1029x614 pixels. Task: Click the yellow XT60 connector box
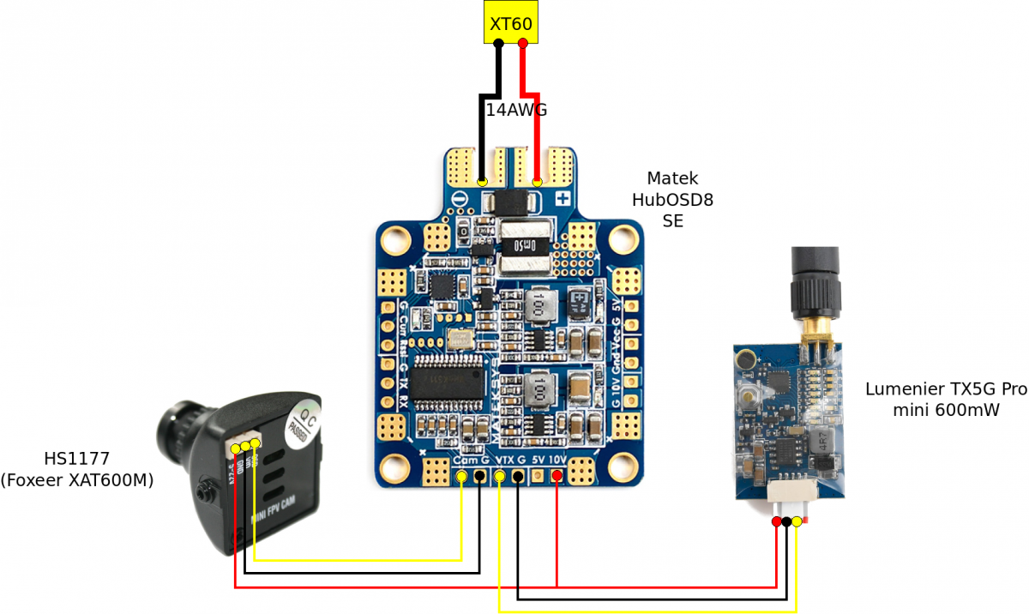(x=510, y=23)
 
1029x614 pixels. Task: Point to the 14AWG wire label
(x=516, y=111)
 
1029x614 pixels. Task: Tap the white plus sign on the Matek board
(x=563, y=199)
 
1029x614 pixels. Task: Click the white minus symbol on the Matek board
(x=460, y=199)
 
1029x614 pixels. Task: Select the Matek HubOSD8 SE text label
(x=672, y=199)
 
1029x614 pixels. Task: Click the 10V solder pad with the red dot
(x=557, y=476)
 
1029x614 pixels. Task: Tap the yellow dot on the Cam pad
(x=462, y=476)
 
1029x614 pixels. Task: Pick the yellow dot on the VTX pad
(x=500, y=476)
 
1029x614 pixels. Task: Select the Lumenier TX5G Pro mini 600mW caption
(x=945, y=400)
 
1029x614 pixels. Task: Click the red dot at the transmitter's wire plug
(x=777, y=521)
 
